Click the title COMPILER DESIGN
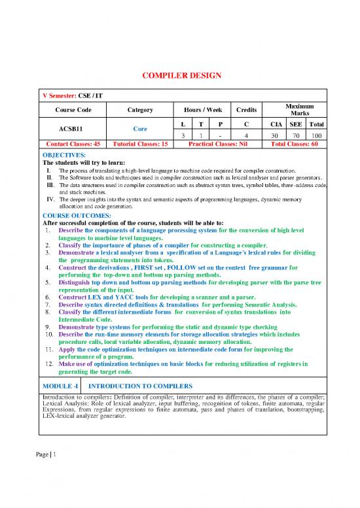pos(180,75)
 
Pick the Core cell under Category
pos(139,128)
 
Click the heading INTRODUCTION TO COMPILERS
pos(135,385)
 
